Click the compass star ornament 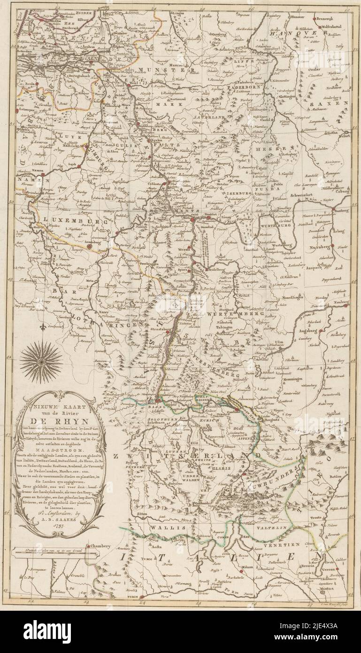(41, 362)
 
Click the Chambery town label (100, 546)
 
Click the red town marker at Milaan (242, 570)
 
